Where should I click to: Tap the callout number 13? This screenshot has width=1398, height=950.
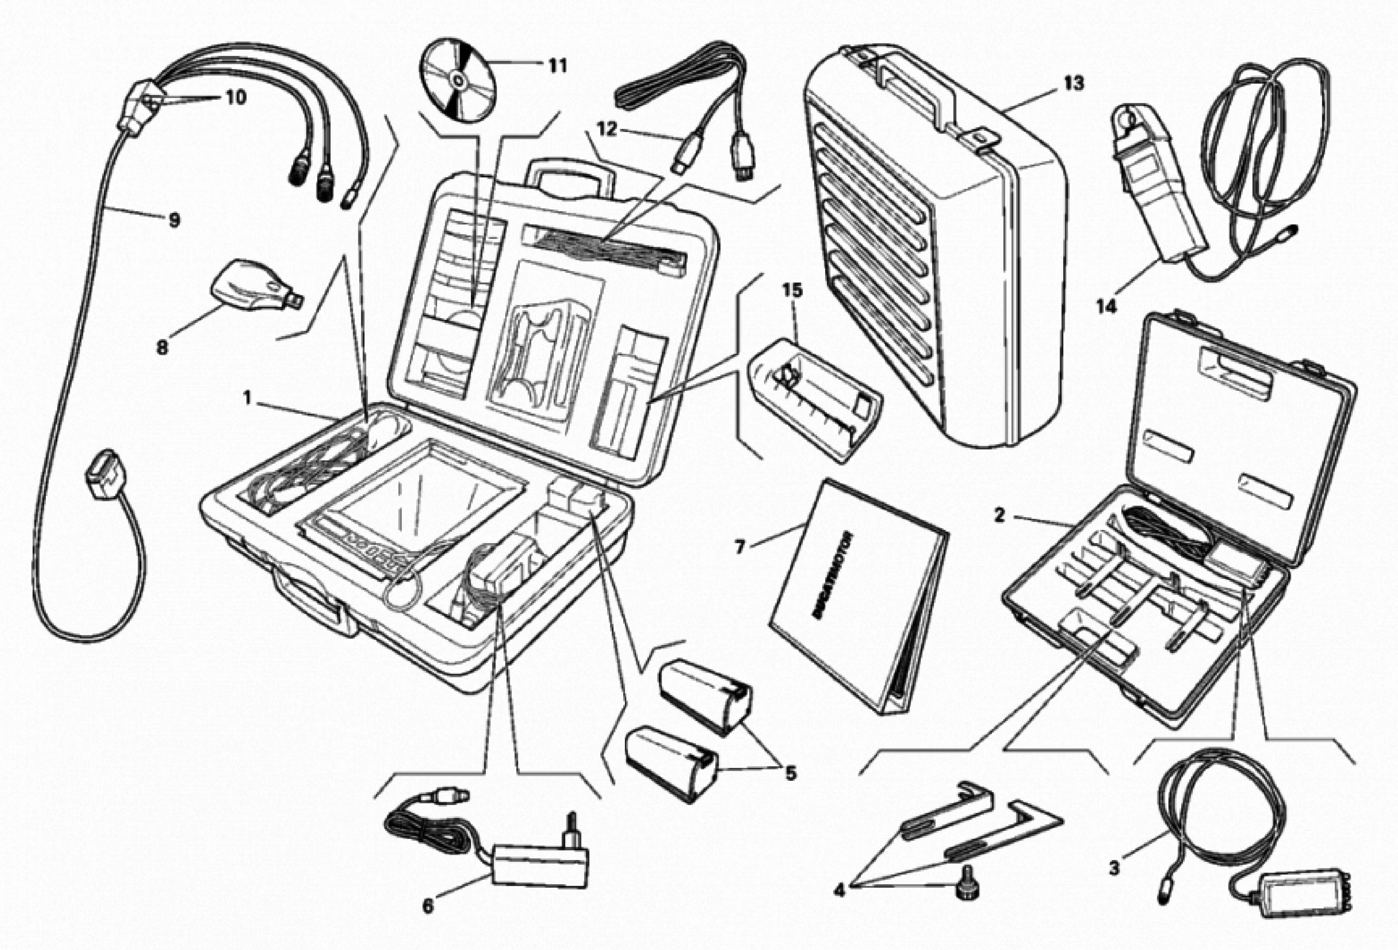(x=1073, y=84)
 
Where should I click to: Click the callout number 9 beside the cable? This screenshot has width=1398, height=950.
(x=174, y=220)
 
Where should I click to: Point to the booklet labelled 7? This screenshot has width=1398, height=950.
(x=857, y=596)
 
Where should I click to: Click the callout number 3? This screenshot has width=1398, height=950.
(x=1114, y=868)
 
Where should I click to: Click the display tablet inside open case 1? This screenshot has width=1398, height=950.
(x=415, y=505)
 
